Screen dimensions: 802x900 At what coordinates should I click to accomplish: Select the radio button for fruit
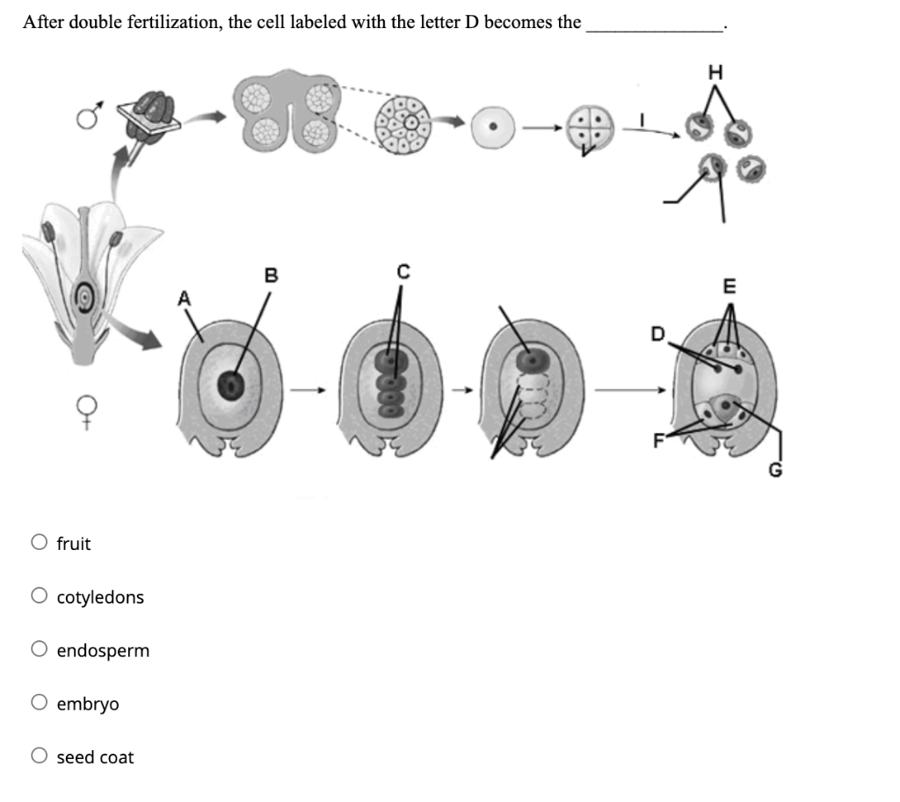point(39,543)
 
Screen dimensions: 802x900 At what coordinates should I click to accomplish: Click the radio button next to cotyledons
point(39,596)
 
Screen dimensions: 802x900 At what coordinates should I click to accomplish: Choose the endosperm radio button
point(39,650)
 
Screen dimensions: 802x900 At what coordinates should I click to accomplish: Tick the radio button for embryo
point(39,704)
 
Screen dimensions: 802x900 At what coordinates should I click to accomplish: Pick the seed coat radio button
point(39,757)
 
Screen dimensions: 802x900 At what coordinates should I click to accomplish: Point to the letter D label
point(657,335)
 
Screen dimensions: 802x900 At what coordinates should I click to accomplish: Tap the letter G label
point(774,473)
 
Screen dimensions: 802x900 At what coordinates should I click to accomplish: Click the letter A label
point(185,298)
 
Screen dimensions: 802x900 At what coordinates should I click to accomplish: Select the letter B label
point(272,276)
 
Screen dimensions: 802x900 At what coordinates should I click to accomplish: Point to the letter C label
point(403,272)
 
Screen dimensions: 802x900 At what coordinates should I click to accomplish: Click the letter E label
point(729,285)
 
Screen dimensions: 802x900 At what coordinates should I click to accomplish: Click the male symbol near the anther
point(85,115)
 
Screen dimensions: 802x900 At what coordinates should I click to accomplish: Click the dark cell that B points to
point(232,383)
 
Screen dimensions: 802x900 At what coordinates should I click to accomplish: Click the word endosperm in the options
point(103,651)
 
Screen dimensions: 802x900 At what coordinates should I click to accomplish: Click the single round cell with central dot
point(496,127)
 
